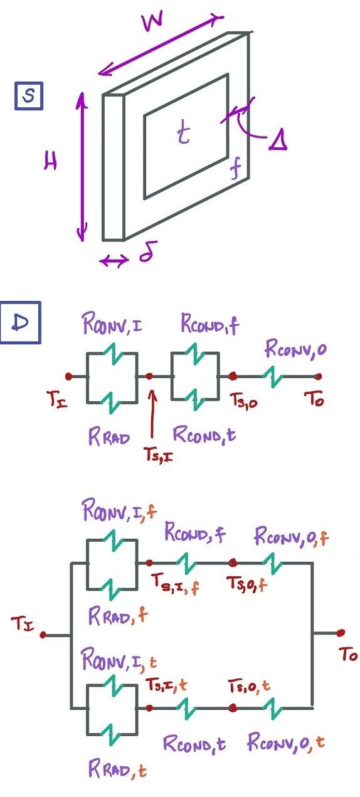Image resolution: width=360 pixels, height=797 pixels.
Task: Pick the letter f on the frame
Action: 235,171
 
